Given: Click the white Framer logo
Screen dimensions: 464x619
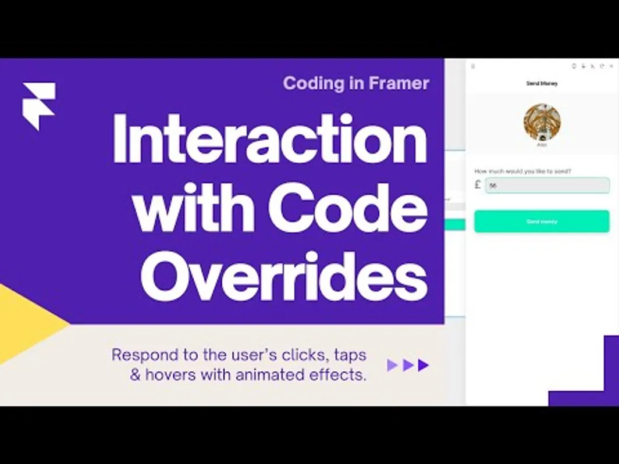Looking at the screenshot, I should [38, 105].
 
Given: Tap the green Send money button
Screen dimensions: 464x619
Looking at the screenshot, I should [542, 222].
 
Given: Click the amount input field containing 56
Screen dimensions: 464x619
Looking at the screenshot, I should [547, 185].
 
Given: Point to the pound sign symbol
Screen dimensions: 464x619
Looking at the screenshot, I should [478, 185].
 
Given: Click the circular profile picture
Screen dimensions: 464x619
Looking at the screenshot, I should [542, 122].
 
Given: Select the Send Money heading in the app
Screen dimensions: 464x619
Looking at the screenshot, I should [542, 84].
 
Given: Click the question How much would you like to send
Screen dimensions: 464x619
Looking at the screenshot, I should [522, 172].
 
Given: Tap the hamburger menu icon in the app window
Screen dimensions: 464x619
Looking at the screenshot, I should [473, 66].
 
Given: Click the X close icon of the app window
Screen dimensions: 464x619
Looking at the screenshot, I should [611, 66].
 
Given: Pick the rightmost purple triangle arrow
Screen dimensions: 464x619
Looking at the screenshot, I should [423, 365].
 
